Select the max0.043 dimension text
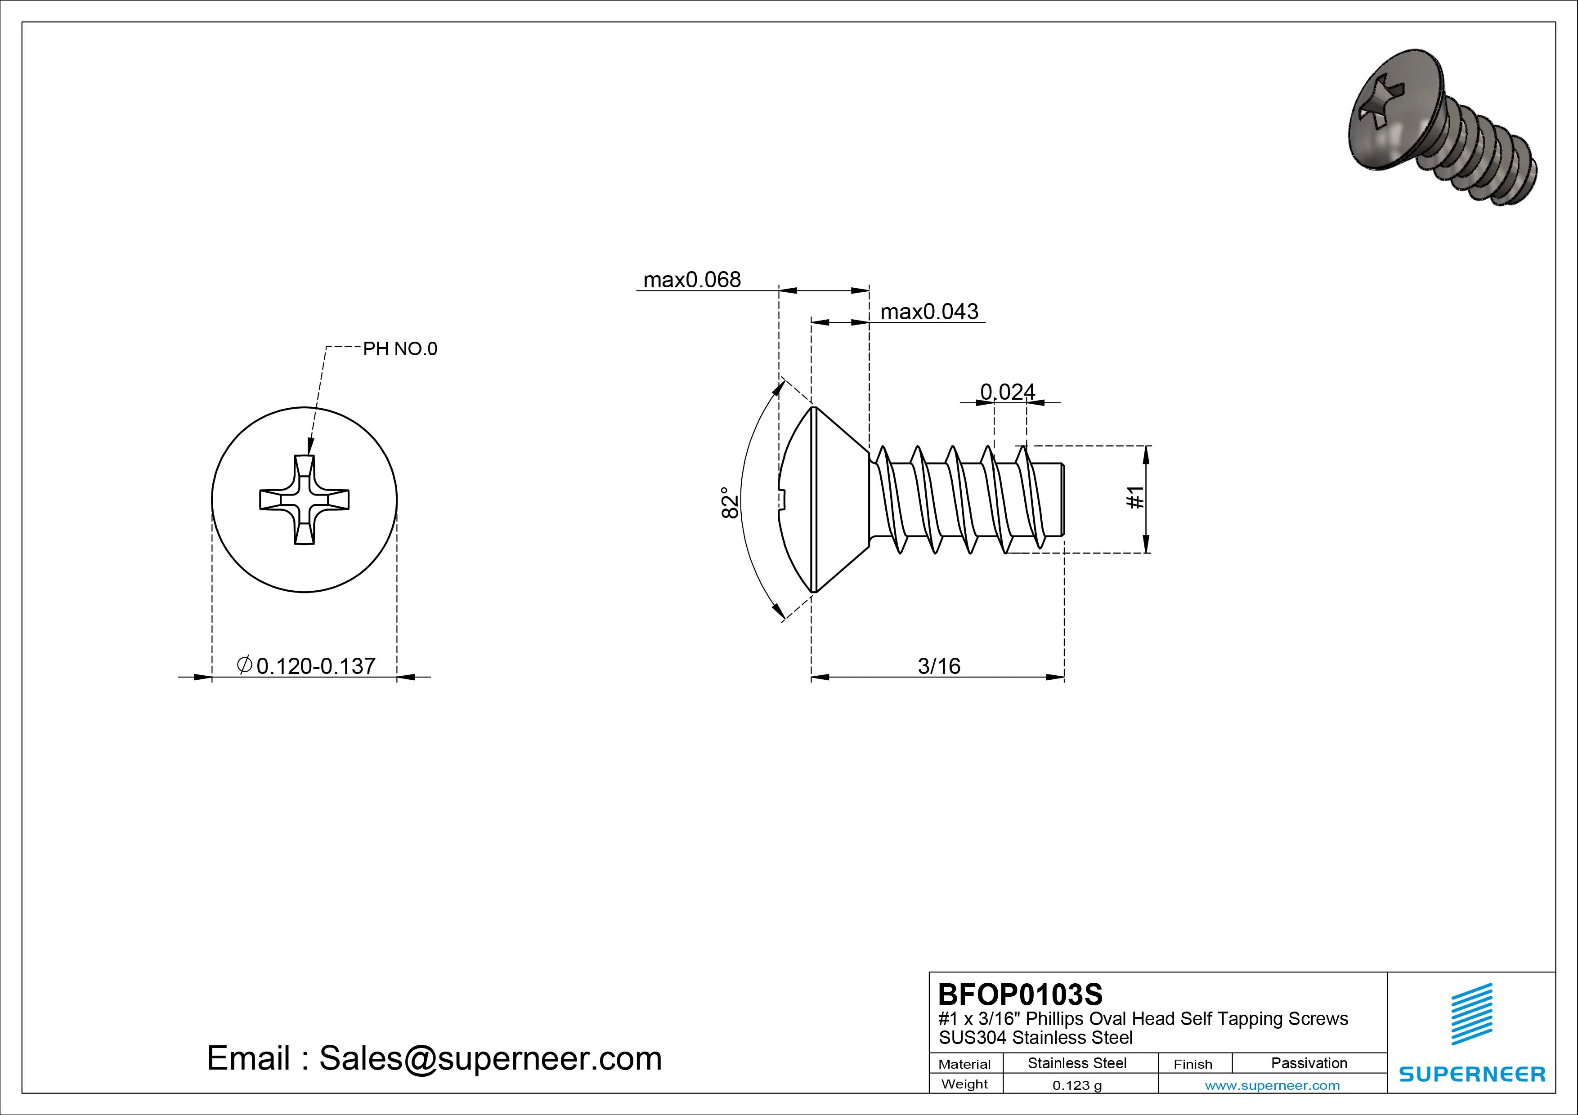click(929, 312)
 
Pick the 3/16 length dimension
click(939, 666)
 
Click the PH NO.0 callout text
click(400, 349)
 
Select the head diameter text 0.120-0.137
click(315, 666)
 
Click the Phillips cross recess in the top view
click(305, 500)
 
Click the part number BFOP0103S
click(1020, 994)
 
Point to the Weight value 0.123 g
click(1077, 1085)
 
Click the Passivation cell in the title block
click(1309, 1063)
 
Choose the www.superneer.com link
click(1272, 1085)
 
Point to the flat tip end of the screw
click(1064, 500)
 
